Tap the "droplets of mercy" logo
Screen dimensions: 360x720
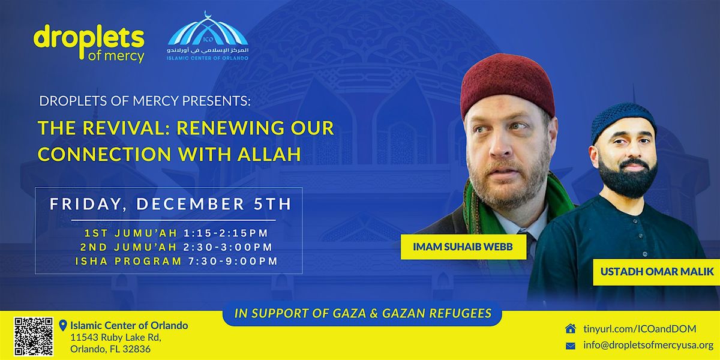pyautogui.click(x=89, y=43)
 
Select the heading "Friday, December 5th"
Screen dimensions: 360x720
pyautogui.click(x=170, y=204)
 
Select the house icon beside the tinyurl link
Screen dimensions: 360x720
pyautogui.click(x=571, y=328)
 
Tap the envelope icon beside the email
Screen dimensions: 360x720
pyautogui.click(x=571, y=345)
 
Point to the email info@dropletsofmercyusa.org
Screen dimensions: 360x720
pyautogui.click(x=648, y=345)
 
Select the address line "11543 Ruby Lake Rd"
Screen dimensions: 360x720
pyautogui.click(x=116, y=338)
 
